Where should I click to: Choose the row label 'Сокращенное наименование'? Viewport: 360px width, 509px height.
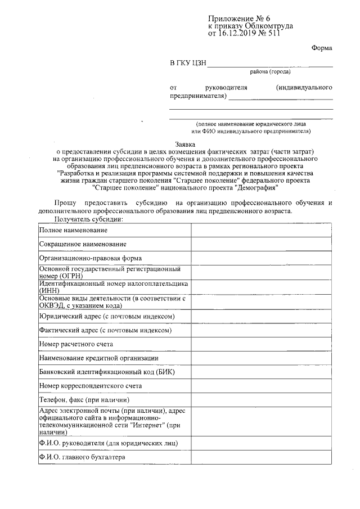pos(83,244)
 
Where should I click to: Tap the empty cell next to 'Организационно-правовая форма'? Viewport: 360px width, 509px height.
pos(260,258)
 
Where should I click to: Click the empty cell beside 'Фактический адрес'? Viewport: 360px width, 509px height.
pos(260,331)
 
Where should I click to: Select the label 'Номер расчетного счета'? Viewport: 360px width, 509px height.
pos(76,344)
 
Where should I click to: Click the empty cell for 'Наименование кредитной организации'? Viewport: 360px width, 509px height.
pos(260,358)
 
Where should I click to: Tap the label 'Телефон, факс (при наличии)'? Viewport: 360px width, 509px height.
pos(82,400)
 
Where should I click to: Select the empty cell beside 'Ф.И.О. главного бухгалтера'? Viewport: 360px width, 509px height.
pos(260,457)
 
